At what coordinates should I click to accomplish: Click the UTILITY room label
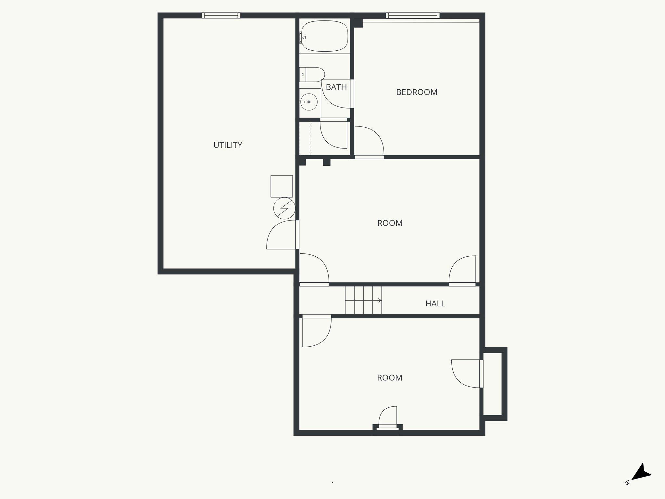click(228, 145)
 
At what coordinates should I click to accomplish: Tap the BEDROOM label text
click(417, 92)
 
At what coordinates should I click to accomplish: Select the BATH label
click(336, 87)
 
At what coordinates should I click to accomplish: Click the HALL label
click(435, 303)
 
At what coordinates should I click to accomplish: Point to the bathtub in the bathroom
click(324, 36)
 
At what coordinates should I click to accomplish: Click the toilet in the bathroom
click(312, 74)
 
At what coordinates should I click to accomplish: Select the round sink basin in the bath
click(309, 102)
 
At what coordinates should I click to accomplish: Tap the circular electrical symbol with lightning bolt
click(284, 208)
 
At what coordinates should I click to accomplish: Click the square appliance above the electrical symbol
click(282, 186)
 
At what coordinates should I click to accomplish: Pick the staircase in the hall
click(363, 300)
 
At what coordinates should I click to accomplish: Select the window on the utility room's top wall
click(221, 15)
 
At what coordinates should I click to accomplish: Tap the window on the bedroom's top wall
click(412, 15)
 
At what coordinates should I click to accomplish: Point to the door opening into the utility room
click(281, 235)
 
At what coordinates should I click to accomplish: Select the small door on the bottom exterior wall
click(388, 417)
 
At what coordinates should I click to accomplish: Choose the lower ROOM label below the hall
click(389, 378)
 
